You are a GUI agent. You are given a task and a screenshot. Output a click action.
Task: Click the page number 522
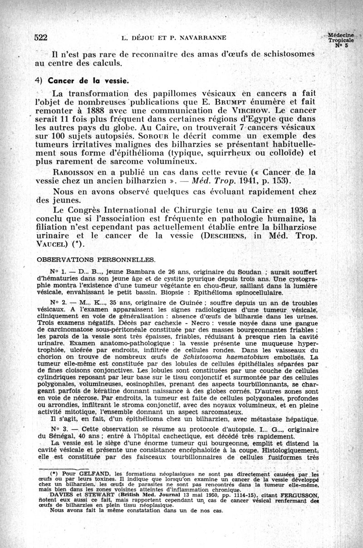pos(42,38)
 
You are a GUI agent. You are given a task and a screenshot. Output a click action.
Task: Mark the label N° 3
pos(59,428)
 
